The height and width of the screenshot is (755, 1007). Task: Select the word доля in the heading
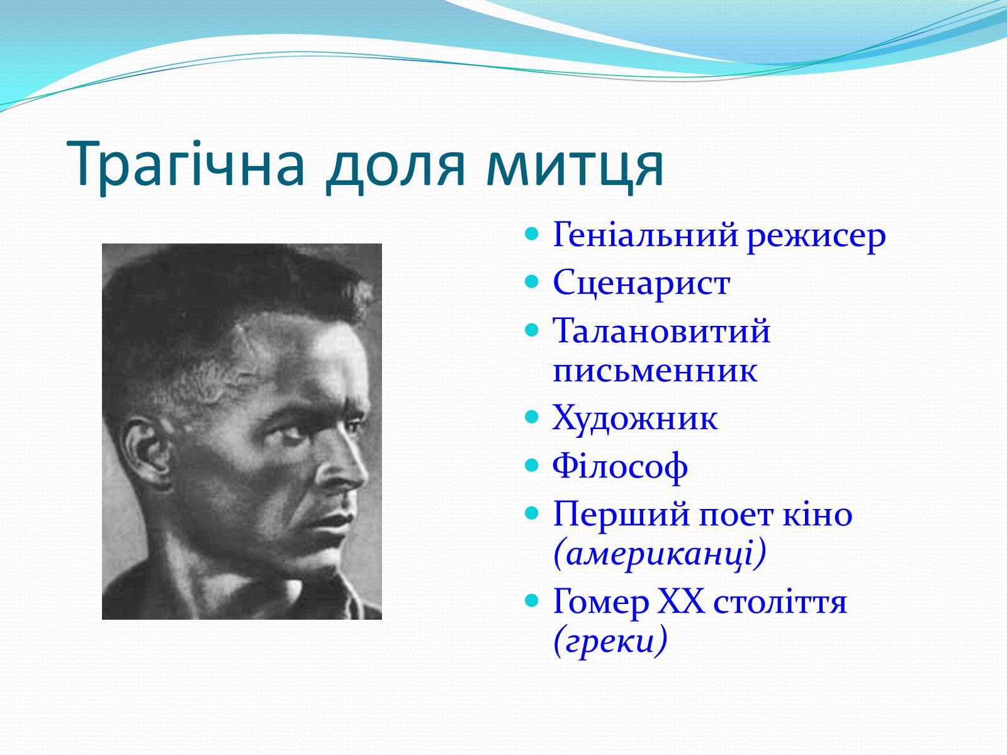coord(395,168)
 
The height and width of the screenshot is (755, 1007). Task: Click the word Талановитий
coord(661,330)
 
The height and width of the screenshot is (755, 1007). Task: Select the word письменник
coord(655,371)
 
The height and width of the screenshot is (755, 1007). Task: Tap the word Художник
coord(635,418)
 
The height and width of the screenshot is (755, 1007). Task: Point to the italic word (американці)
coord(660,554)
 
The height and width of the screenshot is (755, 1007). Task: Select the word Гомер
coord(601,602)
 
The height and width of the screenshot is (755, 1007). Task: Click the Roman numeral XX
coord(681,601)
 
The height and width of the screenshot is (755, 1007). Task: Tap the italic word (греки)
coord(610,641)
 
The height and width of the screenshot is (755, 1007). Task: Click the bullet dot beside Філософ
coord(531,466)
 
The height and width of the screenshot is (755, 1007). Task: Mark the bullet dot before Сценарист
coord(531,282)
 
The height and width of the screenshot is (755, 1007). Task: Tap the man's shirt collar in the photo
coord(294,596)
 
